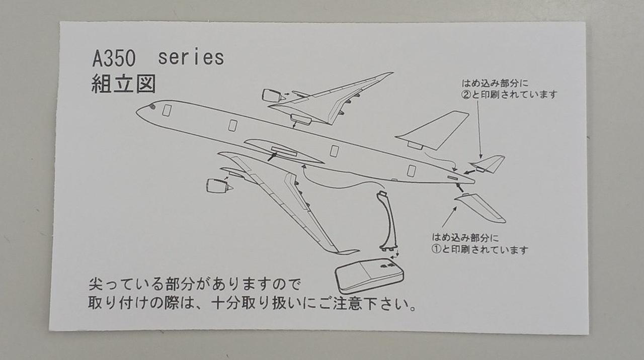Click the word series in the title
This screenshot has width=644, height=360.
191,58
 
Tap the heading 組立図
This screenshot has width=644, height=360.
123,83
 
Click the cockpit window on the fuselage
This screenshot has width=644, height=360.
151,107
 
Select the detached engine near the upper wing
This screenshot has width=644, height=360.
272,96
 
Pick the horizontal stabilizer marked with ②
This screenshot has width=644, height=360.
488,163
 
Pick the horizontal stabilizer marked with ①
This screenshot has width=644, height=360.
481,207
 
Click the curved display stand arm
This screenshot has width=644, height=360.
388,221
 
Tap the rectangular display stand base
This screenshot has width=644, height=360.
370,275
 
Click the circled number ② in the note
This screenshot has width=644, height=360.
466,95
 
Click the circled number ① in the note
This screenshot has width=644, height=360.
436,250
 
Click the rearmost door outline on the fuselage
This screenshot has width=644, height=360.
411,171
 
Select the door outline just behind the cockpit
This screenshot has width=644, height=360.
167,111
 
